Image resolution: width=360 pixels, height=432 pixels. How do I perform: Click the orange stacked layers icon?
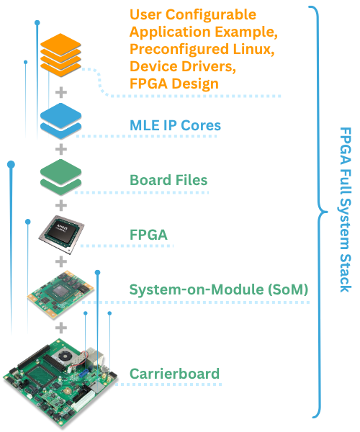click(61, 55)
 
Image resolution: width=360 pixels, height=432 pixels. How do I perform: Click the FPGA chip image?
click(62, 230)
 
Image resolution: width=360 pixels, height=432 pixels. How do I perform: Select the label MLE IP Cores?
click(175, 125)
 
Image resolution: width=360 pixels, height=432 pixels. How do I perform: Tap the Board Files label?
click(168, 180)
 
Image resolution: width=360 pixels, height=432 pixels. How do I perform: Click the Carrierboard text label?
click(174, 374)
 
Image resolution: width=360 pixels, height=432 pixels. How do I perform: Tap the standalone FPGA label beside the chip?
click(148, 235)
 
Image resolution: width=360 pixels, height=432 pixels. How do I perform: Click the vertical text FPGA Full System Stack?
click(344, 210)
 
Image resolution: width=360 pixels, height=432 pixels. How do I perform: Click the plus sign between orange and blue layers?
click(61, 92)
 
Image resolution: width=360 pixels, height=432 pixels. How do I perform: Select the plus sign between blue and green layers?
click(61, 149)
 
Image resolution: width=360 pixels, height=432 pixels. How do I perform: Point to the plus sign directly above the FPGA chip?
click(61, 204)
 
